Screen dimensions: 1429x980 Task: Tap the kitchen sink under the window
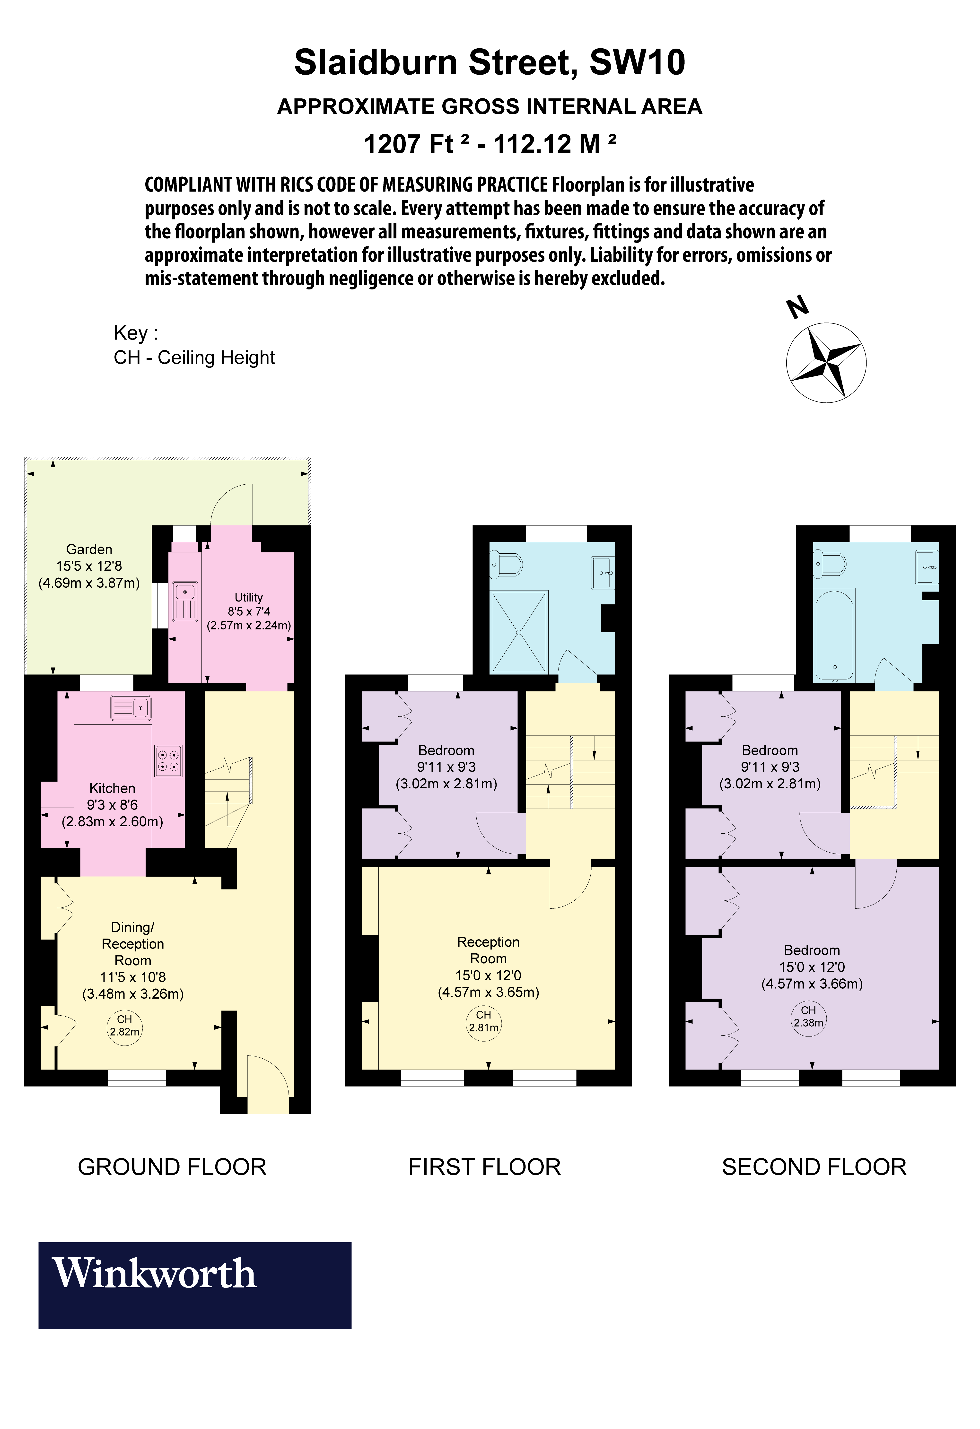tap(131, 708)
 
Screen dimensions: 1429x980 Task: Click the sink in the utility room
tap(184, 601)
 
